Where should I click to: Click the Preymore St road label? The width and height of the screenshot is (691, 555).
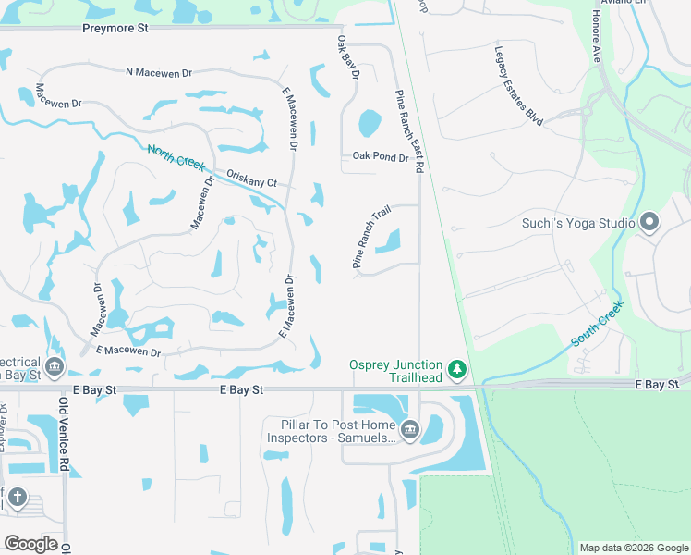pyautogui.click(x=115, y=29)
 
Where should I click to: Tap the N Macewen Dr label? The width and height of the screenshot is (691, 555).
pyautogui.click(x=158, y=72)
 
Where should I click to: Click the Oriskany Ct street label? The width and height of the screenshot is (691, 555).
pyautogui.click(x=251, y=179)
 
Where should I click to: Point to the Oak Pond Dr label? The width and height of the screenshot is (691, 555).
pyautogui.click(x=380, y=157)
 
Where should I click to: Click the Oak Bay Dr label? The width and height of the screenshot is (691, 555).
pyautogui.click(x=347, y=57)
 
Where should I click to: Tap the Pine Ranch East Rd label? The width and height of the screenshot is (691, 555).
pyautogui.click(x=408, y=131)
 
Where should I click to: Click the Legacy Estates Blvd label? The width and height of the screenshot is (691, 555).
pyautogui.click(x=517, y=86)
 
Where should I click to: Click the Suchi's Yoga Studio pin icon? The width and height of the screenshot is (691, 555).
pyautogui.click(x=649, y=222)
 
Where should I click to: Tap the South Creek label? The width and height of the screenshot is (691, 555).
pyautogui.click(x=598, y=323)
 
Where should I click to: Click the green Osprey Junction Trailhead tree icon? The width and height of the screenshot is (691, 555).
pyautogui.click(x=456, y=371)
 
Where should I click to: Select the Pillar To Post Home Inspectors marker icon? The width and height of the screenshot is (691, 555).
pyautogui.click(x=410, y=428)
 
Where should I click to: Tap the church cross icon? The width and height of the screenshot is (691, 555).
pyautogui.click(x=18, y=498)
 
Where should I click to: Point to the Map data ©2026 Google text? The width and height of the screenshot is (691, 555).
pyautogui.click(x=633, y=548)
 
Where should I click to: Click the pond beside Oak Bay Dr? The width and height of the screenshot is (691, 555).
pyautogui.click(x=369, y=122)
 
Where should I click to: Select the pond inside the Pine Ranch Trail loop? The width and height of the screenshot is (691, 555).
pyautogui.click(x=389, y=242)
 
